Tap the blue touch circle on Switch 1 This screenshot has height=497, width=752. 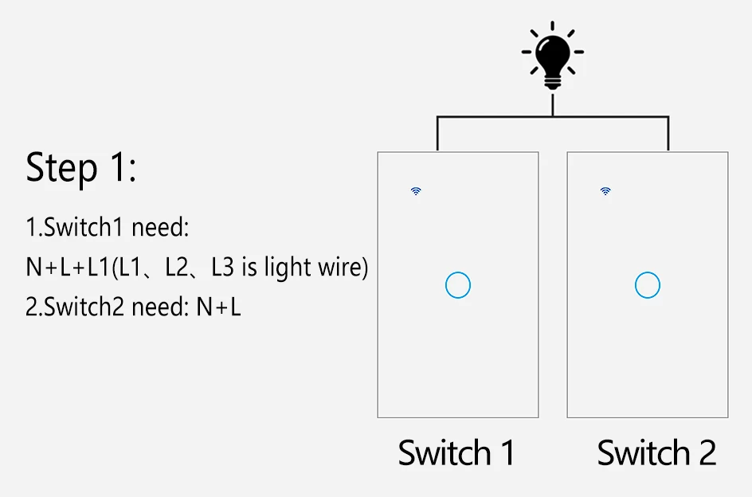click(x=458, y=285)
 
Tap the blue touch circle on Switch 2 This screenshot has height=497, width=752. click(x=648, y=285)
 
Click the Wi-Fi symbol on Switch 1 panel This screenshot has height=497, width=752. click(x=416, y=191)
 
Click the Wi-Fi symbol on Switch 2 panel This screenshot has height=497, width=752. click(x=605, y=191)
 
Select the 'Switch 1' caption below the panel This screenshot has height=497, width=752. click(x=456, y=452)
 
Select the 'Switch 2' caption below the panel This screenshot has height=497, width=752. click(x=656, y=452)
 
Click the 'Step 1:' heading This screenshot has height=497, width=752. click(x=81, y=168)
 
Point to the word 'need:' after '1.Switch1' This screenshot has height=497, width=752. click(x=160, y=228)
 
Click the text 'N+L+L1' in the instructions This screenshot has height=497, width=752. click(x=67, y=268)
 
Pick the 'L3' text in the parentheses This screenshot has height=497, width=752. click(x=222, y=268)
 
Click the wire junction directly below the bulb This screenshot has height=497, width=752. click(x=552, y=117)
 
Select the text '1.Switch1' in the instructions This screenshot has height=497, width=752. click(x=76, y=228)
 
